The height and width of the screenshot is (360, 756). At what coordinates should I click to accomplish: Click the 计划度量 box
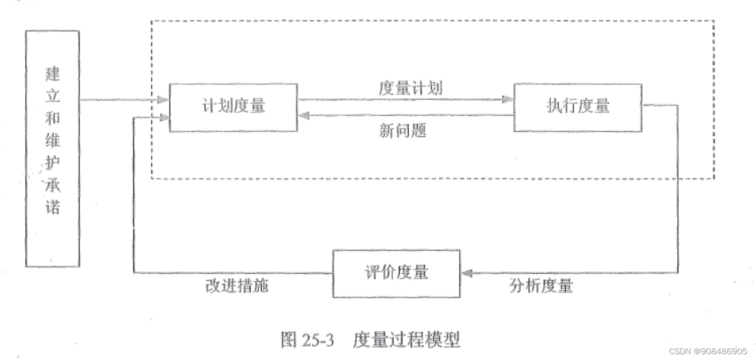(x=233, y=108)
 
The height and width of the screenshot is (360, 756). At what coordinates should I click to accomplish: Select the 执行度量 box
(x=577, y=108)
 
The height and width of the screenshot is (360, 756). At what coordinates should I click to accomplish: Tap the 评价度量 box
(x=397, y=273)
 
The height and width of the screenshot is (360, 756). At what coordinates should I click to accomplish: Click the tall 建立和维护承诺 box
(x=52, y=148)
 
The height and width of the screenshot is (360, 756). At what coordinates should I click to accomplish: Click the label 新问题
(x=402, y=131)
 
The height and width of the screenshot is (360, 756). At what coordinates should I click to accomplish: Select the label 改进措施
(x=236, y=286)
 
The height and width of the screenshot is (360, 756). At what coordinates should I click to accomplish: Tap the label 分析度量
(x=540, y=286)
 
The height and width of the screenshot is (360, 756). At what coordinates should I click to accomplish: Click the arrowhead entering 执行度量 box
(x=508, y=99)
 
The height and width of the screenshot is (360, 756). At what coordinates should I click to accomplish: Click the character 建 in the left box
(x=52, y=74)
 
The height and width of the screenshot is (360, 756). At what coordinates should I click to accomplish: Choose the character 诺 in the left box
(x=52, y=206)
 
